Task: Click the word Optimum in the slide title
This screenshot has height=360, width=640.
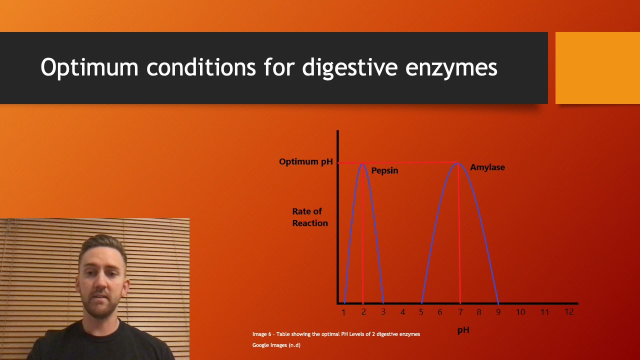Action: tap(89, 67)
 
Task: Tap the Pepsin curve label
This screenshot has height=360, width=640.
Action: tap(384, 170)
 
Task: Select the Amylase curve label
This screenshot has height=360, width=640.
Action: tap(487, 167)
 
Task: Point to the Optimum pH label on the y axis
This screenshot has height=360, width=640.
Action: tap(305, 161)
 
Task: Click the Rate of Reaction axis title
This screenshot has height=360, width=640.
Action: tap(309, 217)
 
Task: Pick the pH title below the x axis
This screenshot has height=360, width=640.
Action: tap(463, 330)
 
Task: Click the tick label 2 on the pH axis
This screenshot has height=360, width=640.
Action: tap(363, 312)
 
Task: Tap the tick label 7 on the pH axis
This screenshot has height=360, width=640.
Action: tap(460, 312)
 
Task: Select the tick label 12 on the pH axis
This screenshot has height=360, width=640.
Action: tap(568, 311)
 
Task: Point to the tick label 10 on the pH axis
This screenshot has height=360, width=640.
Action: tap(520, 312)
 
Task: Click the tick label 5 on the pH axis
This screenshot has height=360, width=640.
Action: tap(421, 312)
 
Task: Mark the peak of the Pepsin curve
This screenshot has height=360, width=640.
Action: tap(363, 163)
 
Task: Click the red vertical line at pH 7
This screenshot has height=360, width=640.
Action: tap(459, 235)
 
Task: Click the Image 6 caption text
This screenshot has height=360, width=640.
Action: tap(336, 334)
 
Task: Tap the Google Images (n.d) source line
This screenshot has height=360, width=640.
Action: tap(276, 345)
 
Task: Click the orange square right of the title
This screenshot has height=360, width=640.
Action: tap(597, 68)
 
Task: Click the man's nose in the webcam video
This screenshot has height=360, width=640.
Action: tap(101, 286)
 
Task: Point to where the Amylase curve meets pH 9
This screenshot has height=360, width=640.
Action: tap(497, 302)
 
